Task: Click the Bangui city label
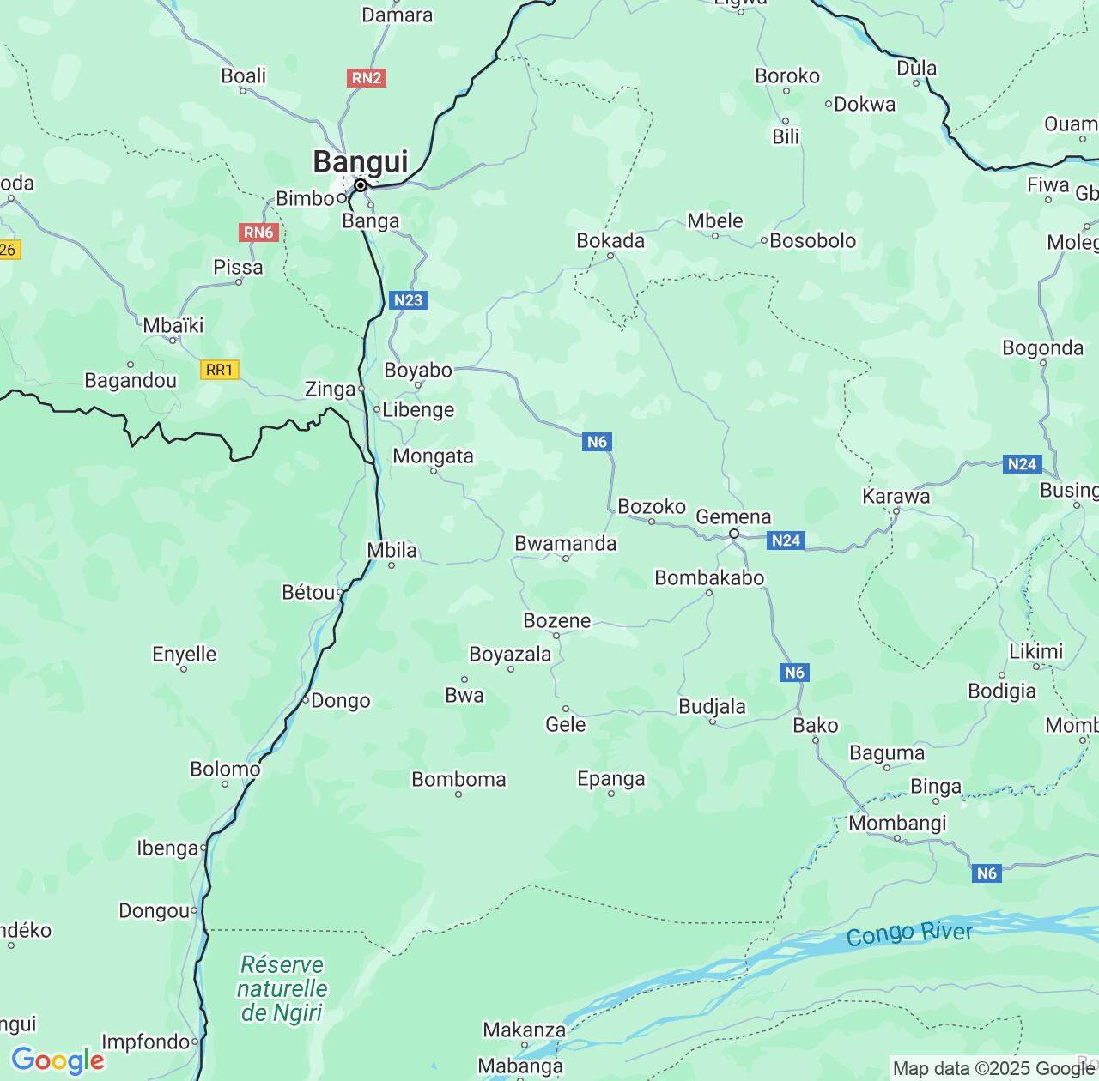pyautogui.click(x=360, y=161)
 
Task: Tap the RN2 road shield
pyautogui.click(x=367, y=78)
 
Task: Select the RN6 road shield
pyautogui.click(x=258, y=233)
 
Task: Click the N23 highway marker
pyautogui.click(x=408, y=299)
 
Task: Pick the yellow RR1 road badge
pyautogui.click(x=219, y=370)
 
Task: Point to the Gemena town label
pyautogui.click(x=733, y=516)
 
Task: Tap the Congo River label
pyautogui.click(x=909, y=933)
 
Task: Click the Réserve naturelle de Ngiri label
pyautogui.click(x=282, y=988)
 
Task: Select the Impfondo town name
pyautogui.click(x=145, y=1042)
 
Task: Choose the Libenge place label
pyautogui.click(x=418, y=409)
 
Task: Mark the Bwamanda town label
pyautogui.click(x=565, y=543)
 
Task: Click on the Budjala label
pyautogui.click(x=712, y=706)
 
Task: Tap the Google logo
pyautogui.click(x=58, y=1060)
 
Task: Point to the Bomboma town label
pyautogui.click(x=458, y=779)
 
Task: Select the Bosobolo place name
pyautogui.click(x=812, y=240)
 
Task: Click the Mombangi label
pyautogui.click(x=897, y=823)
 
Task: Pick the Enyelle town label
pyautogui.click(x=184, y=654)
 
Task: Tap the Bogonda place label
pyautogui.click(x=1042, y=347)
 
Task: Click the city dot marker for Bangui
pyautogui.click(x=361, y=185)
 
